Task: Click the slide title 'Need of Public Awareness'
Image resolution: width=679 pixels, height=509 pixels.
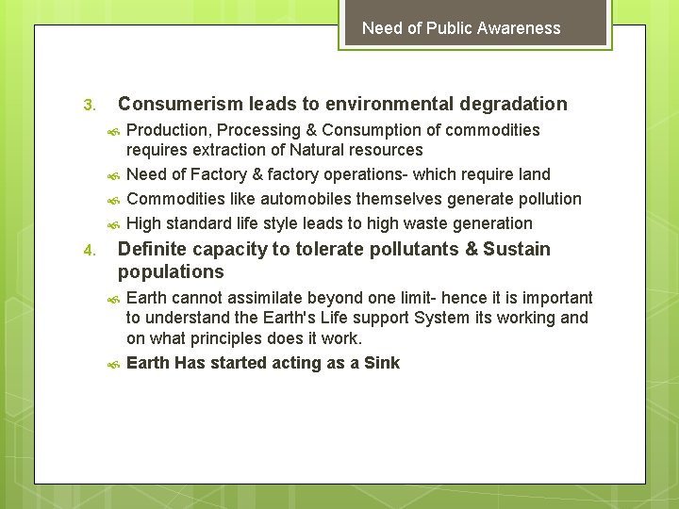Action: pyautogui.click(x=461, y=28)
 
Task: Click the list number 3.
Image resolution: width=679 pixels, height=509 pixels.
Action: pyautogui.click(x=89, y=105)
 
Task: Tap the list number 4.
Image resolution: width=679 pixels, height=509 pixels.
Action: pyautogui.click(x=89, y=251)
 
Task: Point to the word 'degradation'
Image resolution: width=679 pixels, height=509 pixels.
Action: pyautogui.click(x=512, y=104)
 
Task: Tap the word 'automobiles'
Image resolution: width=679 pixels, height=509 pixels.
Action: pyautogui.click(x=274, y=199)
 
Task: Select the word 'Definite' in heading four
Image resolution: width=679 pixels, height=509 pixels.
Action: pyautogui.click(x=151, y=249)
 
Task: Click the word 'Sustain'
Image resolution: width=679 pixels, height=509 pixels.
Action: pyautogui.click(x=517, y=249)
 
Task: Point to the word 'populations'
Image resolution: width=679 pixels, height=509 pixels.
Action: pyautogui.click(x=171, y=272)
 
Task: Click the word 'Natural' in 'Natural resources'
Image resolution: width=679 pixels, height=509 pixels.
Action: pyautogui.click(x=319, y=150)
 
